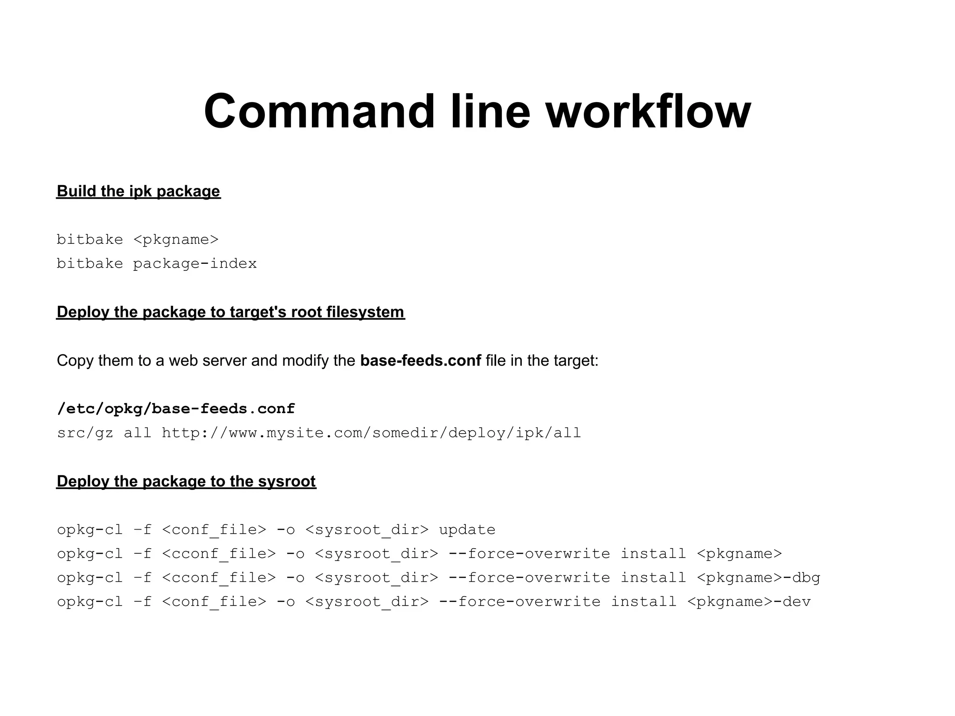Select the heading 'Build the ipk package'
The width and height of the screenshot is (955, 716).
tap(138, 191)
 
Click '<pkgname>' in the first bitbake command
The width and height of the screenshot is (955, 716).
tap(176, 240)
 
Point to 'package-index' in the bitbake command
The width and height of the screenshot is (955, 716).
tap(195, 264)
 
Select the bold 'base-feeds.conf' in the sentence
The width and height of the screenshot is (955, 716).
tap(421, 360)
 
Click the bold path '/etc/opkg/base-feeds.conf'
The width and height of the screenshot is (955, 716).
tap(176, 409)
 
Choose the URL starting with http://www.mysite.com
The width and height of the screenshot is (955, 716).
tap(371, 433)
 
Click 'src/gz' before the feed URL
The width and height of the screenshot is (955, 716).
tap(85, 433)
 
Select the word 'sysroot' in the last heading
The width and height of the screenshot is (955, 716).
tap(287, 481)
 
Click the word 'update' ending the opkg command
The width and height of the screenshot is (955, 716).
tap(467, 530)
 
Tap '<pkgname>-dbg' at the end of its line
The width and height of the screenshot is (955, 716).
tap(758, 578)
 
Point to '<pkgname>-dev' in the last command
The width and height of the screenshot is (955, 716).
tap(749, 602)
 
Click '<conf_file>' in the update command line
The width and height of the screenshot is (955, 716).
tap(214, 530)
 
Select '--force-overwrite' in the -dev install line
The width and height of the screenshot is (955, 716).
tap(519, 602)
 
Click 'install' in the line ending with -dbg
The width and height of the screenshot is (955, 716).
tap(653, 578)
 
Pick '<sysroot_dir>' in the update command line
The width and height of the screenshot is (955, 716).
tap(367, 530)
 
